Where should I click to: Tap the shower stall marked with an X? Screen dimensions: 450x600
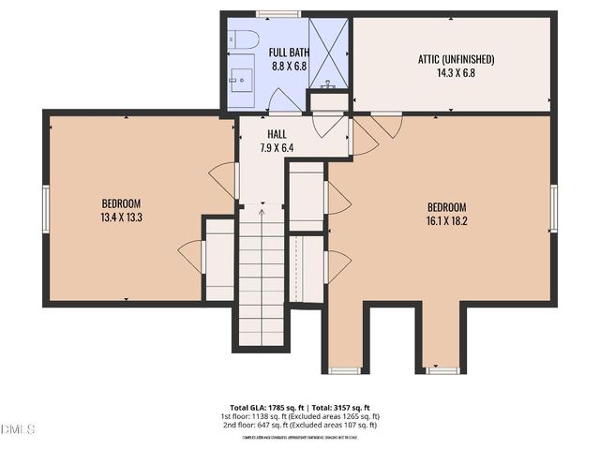328,54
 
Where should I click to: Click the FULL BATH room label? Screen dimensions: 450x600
286,52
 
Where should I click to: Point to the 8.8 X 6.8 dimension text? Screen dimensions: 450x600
286,67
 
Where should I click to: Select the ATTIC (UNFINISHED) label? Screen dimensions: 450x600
456,59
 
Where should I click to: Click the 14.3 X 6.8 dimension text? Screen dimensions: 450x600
456,72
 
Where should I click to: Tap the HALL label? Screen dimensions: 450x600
276,134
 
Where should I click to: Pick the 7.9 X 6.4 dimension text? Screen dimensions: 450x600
276,147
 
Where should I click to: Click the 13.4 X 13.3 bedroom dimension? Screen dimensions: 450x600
121,217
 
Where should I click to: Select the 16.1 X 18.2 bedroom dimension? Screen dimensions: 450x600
446,221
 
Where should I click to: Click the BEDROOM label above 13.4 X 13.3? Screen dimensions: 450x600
121,203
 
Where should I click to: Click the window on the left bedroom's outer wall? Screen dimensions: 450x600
45,207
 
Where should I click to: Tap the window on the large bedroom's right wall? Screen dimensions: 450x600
554,208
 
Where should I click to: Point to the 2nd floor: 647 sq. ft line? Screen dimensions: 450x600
299,425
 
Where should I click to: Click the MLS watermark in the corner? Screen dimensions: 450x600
18,429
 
